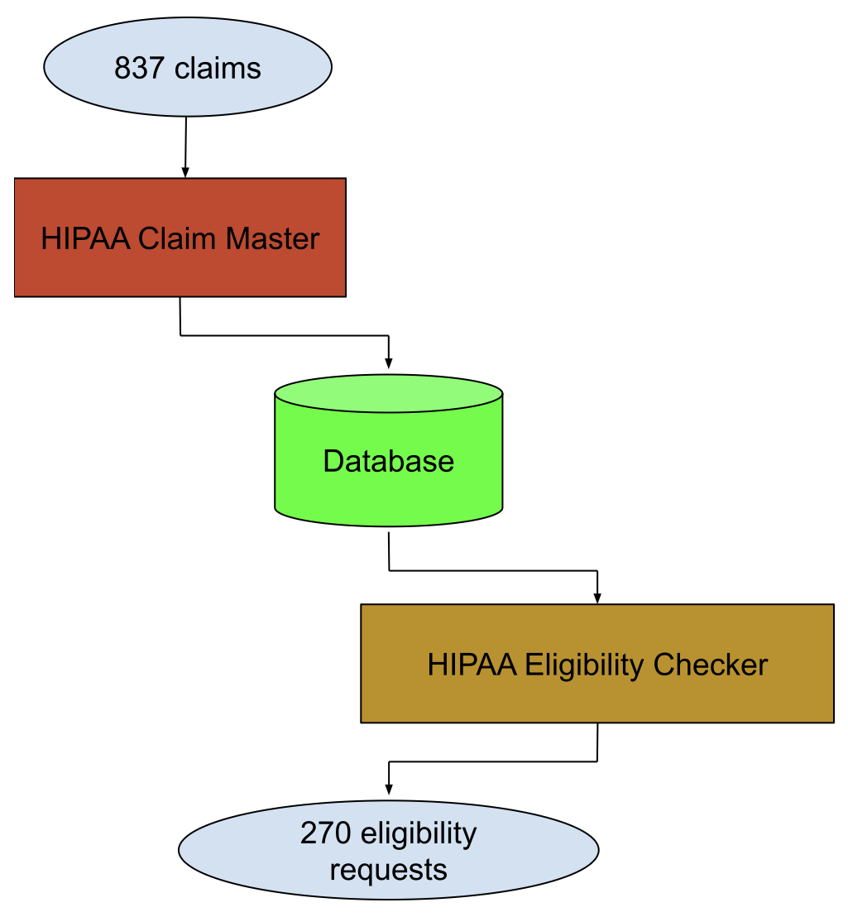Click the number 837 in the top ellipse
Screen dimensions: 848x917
139,68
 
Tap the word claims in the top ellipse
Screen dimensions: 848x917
218,68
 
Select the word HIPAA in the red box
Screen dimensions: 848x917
85,238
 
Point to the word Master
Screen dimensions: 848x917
272,238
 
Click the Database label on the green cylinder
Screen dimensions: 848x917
389,461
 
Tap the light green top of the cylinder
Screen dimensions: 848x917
389,394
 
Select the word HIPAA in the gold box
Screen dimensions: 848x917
472,665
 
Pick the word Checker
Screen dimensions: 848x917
711,665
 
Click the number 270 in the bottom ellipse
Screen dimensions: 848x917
326,833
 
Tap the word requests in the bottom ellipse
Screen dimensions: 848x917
389,871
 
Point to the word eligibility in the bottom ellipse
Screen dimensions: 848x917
419,834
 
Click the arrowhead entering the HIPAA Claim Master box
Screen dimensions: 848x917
185,172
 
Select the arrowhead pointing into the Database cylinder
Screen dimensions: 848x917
389,363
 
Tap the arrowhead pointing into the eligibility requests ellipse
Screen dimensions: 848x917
389,789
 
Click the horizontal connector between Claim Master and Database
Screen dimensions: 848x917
285,336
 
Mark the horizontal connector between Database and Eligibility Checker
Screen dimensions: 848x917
493,570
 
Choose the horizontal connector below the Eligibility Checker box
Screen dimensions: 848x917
493,761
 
